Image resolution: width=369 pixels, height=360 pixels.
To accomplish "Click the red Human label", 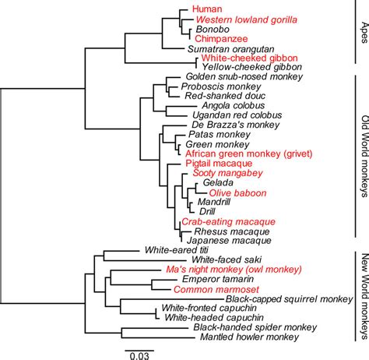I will pyautogui.click(x=205, y=9).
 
